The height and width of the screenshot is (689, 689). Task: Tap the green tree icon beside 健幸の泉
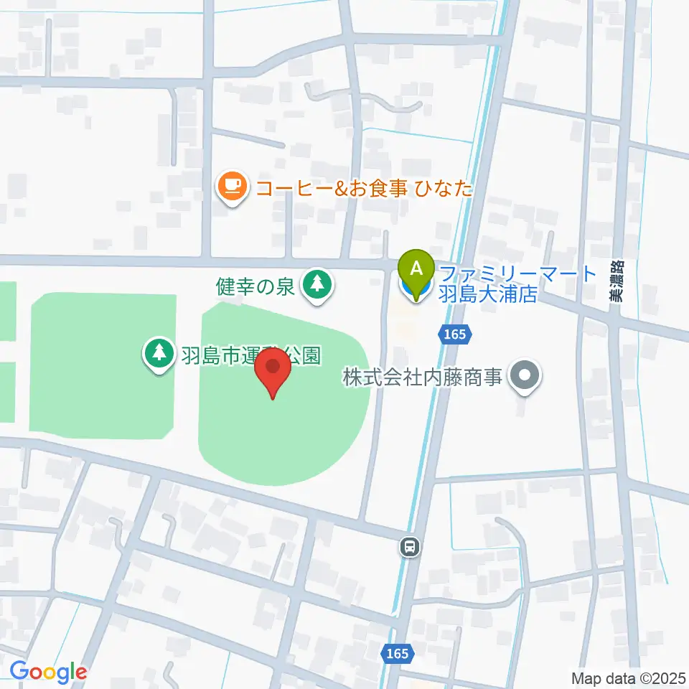pyautogui.click(x=316, y=285)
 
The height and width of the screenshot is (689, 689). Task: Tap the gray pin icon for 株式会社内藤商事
pyautogui.click(x=525, y=375)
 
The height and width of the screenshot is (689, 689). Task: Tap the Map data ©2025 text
pyautogui.click(x=628, y=678)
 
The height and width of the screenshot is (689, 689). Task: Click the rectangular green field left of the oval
pyautogui.click(x=102, y=366)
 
